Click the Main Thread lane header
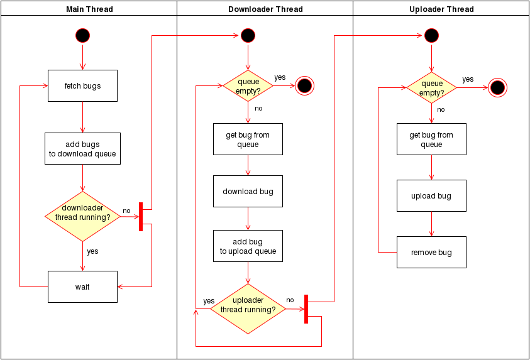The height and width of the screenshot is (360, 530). click(x=89, y=9)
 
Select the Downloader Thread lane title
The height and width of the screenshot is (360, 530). click(x=265, y=9)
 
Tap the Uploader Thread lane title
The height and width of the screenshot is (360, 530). click(x=441, y=9)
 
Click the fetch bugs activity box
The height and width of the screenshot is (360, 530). click(x=82, y=85)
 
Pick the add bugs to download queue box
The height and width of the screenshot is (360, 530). click(x=82, y=149)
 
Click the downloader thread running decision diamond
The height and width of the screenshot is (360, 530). click(x=82, y=217)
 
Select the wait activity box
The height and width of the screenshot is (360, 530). click(x=82, y=286)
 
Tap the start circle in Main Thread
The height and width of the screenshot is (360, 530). click(x=82, y=35)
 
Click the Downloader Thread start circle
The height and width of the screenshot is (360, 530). click(x=248, y=35)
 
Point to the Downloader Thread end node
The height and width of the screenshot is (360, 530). click(x=304, y=85)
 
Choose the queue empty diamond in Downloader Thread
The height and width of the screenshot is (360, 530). click(x=248, y=86)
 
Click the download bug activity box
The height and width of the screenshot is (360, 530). click(x=248, y=191)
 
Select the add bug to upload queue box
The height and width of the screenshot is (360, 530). click(x=248, y=246)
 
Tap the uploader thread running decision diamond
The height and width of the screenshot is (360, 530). click(x=248, y=308)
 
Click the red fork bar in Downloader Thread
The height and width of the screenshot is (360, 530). click(x=306, y=308)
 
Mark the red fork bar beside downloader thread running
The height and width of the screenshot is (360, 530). click(x=141, y=217)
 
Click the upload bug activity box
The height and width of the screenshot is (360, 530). click(x=431, y=195)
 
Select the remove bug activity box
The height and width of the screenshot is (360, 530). click(x=431, y=252)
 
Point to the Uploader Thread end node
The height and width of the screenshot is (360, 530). click(x=497, y=87)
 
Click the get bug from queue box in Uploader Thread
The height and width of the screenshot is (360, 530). click(x=431, y=139)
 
